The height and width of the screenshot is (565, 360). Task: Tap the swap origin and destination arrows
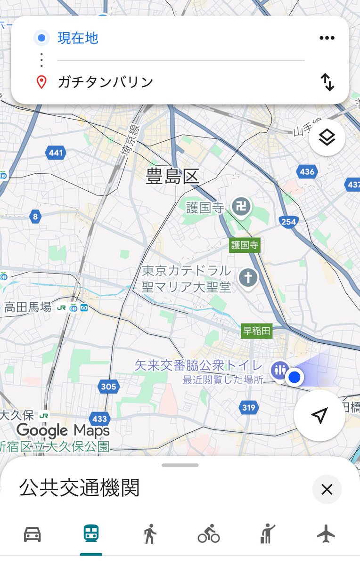click(327, 82)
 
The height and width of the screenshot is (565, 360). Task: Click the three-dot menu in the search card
click(327, 38)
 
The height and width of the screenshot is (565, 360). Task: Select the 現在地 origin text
click(78, 38)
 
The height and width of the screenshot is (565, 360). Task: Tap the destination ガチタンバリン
click(106, 82)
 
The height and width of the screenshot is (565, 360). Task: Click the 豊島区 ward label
click(172, 177)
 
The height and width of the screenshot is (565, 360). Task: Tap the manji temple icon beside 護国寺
click(241, 208)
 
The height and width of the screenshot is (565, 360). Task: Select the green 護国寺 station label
click(245, 245)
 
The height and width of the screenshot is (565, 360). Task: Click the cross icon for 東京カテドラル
click(248, 278)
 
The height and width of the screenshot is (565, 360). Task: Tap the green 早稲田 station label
click(257, 331)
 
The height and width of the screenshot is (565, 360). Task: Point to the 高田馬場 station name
click(27, 308)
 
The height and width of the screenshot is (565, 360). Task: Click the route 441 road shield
click(56, 153)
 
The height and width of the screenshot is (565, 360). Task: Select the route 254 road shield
click(288, 222)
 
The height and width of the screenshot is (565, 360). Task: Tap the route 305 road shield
click(108, 387)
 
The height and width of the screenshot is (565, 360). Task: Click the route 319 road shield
click(248, 408)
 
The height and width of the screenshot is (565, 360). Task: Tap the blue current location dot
click(295, 377)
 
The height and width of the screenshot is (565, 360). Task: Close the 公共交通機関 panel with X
click(327, 490)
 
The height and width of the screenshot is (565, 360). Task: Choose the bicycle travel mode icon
click(209, 534)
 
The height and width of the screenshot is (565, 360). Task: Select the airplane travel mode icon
click(326, 534)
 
